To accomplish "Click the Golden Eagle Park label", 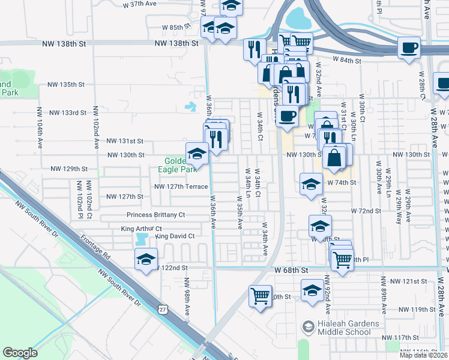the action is pyautogui.click(x=181, y=165).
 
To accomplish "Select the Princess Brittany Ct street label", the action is pyautogui.click(x=156, y=215).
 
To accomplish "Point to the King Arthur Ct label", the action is pyautogui.click(x=141, y=229).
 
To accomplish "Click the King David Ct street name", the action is pyautogui.click(x=175, y=236).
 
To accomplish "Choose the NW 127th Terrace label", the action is pyautogui.click(x=181, y=187).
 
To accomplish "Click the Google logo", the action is pyautogui.click(x=20, y=353).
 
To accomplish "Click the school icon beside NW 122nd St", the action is pyautogui.click(x=145, y=259).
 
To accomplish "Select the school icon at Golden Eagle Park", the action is pyautogui.click(x=197, y=154).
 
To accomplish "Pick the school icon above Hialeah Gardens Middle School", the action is pyautogui.click(x=312, y=290).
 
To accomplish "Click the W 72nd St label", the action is pyautogui.click(x=370, y=211).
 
